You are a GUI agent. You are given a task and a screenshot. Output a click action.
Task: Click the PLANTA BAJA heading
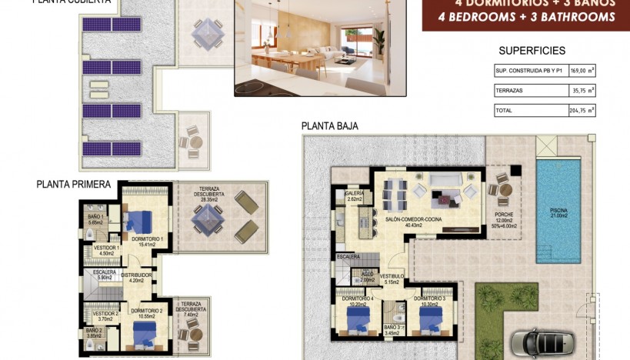(x=329, y=126)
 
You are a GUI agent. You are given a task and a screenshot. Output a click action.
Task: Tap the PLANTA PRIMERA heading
(x=74, y=185)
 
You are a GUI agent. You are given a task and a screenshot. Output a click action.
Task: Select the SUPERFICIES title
(x=532, y=51)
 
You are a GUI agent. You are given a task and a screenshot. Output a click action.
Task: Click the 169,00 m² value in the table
(x=581, y=71)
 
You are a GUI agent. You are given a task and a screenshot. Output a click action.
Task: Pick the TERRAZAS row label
(x=510, y=91)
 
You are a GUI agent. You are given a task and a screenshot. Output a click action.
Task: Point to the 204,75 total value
(x=581, y=111)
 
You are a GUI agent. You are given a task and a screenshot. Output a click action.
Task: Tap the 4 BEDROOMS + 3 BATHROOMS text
(x=526, y=17)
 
